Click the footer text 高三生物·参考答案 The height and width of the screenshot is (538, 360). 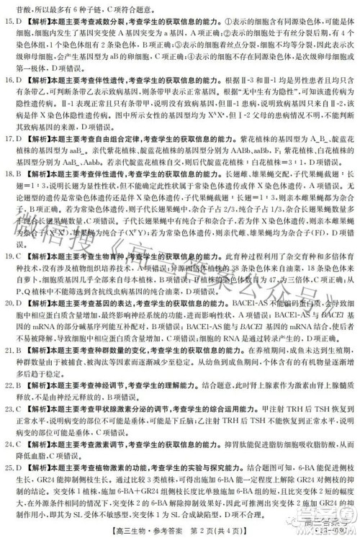click(145, 529)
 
